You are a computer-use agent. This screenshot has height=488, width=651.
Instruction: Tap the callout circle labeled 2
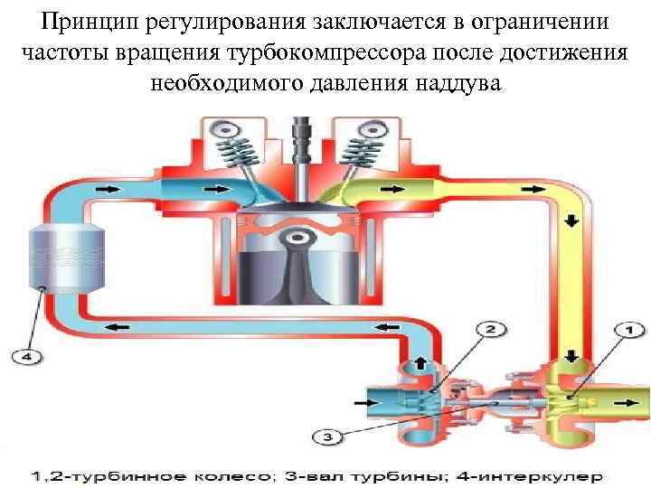491,329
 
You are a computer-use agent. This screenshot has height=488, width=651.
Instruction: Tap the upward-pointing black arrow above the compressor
419,363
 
